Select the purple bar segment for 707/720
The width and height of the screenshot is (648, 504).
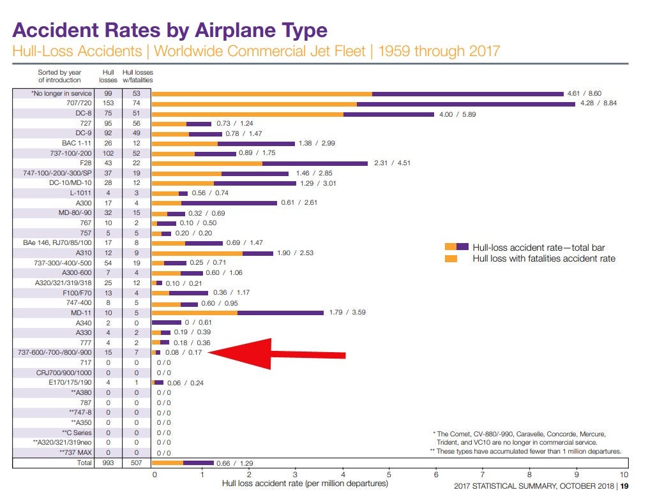pos(465,103)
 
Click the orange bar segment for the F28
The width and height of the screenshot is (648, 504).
pos(207,163)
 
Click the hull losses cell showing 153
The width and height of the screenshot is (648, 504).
pos(108,103)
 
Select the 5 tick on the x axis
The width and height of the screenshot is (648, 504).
pos(389,475)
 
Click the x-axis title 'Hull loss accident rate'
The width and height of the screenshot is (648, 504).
pos(305,483)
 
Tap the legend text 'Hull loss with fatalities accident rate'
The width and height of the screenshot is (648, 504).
pos(544,258)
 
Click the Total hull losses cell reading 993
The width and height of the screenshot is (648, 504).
pos(108,463)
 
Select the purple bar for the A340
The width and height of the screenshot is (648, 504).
pos(166,322)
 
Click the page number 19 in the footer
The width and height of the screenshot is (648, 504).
pos(624,487)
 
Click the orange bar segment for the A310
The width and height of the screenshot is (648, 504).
pos(197,253)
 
